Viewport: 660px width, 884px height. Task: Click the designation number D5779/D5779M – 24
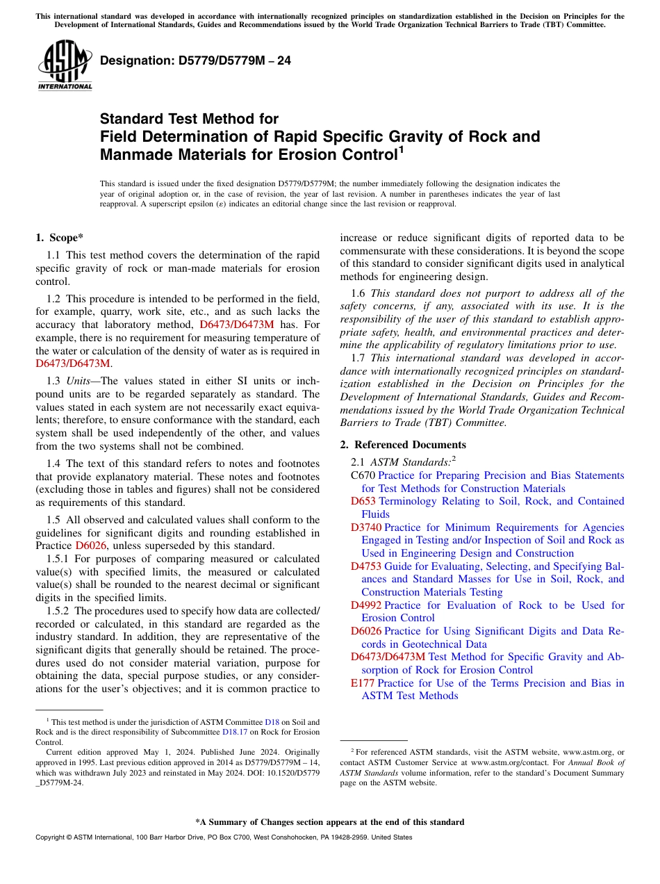195,60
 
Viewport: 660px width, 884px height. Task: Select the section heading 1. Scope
60,238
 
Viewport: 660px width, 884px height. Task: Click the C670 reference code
363,475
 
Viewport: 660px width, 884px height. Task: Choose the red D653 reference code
363,501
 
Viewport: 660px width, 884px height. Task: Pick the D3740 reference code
365,527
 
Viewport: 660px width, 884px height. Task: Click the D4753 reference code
365,566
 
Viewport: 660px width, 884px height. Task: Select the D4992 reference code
365,605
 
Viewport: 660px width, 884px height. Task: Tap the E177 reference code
363,683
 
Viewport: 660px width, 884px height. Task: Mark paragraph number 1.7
358,358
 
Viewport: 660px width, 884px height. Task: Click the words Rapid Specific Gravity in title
331,136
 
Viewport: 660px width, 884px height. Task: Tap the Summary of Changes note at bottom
329,822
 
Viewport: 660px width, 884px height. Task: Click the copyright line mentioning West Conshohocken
223,837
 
